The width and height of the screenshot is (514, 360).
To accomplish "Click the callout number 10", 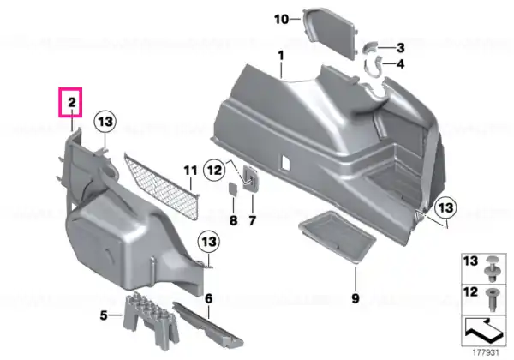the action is pyautogui.click(x=282, y=20).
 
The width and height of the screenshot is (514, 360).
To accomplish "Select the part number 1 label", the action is pyautogui.click(x=281, y=56).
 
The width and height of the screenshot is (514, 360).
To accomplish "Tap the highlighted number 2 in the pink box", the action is pyautogui.click(x=72, y=103).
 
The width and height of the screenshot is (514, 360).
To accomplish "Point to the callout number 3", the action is pyautogui.click(x=400, y=48).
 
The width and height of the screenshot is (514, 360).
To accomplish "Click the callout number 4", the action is pyautogui.click(x=401, y=64).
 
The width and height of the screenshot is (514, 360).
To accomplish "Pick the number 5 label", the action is pyautogui.click(x=104, y=315).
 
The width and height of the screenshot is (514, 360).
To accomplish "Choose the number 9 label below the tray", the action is pyautogui.click(x=356, y=298).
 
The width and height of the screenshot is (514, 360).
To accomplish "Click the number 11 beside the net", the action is pyautogui.click(x=190, y=171).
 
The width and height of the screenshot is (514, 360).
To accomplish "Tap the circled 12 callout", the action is pyautogui.click(x=215, y=171).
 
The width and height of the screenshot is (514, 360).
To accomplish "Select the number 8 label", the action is pyautogui.click(x=233, y=220).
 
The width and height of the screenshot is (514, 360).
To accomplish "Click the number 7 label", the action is pyautogui.click(x=252, y=220).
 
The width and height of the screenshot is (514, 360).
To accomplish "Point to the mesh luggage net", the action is pyautogui.click(x=162, y=186).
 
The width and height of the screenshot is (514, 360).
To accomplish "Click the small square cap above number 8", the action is pyautogui.click(x=233, y=189).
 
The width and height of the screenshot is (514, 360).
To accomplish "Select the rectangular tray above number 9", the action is pyautogui.click(x=337, y=237).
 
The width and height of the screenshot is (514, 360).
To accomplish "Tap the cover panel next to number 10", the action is pyautogui.click(x=330, y=33).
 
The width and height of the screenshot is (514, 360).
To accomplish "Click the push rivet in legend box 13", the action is pyautogui.click(x=493, y=268).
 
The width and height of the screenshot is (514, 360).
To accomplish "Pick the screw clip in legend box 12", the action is pyautogui.click(x=493, y=299).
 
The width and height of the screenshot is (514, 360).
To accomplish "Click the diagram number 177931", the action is pyautogui.click(x=486, y=353).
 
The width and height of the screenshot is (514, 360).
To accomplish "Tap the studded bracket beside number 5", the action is pyautogui.click(x=152, y=320).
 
